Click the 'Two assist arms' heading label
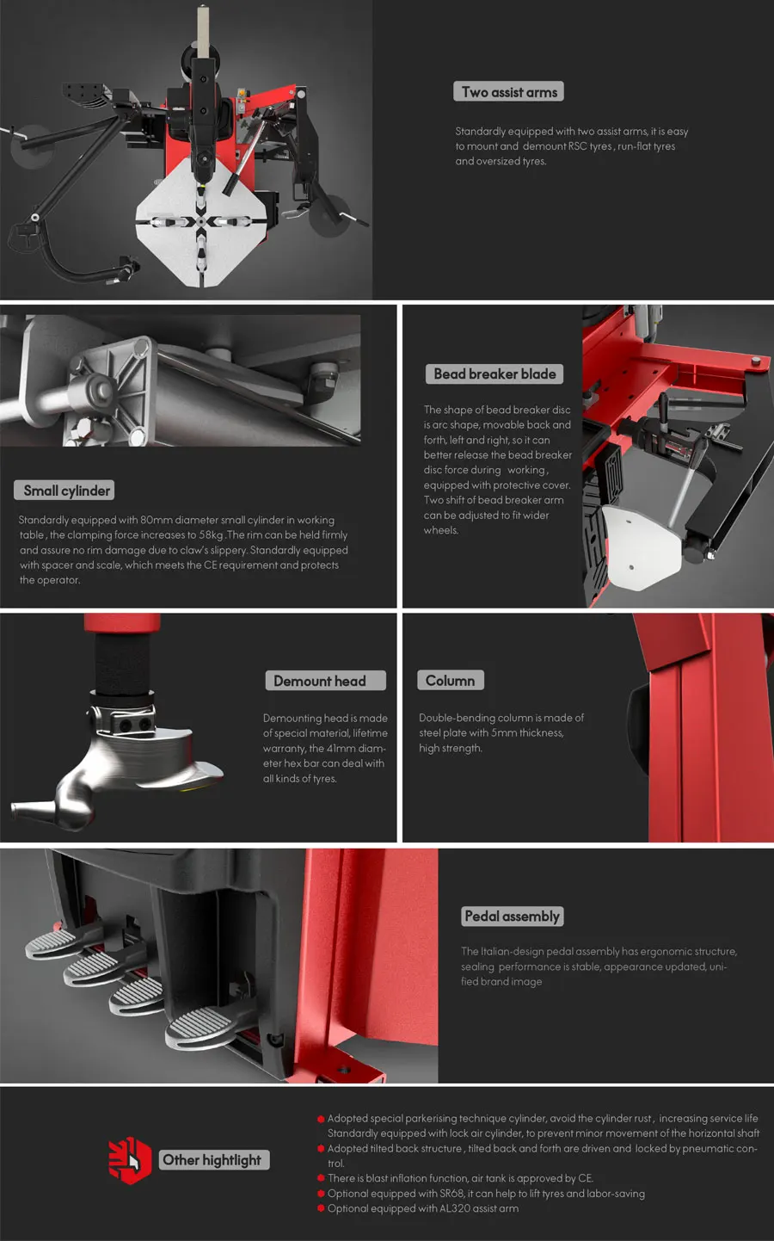(509, 91)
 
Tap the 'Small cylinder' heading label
(64, 491)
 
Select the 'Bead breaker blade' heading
(494, 374)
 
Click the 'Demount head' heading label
(326, 681)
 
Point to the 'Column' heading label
(450, 681)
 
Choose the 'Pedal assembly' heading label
(512, 917)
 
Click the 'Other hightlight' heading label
(214, 1159)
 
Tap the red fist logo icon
(130, 1160)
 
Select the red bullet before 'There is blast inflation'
(321, 1178)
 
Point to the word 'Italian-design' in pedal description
(512, 951)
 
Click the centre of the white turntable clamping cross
(201, 222)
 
